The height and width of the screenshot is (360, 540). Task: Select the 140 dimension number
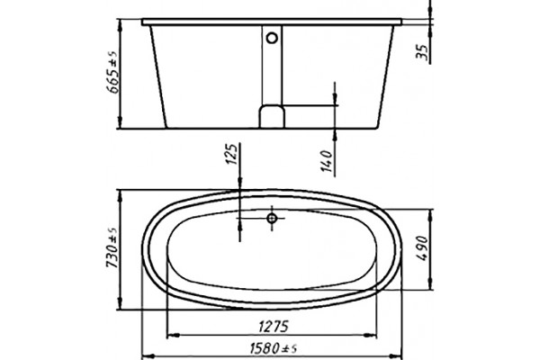[x=327, y=161]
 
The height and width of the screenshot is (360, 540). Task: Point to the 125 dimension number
[x=233, y=154]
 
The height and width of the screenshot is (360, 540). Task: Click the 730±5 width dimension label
[x=112, y=247]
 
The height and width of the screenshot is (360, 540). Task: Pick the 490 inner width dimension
[x=424, y=248]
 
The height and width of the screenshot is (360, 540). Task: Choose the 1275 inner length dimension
[x=273, y=326]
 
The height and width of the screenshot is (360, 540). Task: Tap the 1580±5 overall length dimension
[x=273, y=349]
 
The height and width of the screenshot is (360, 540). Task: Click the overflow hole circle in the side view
[x=272, y=38]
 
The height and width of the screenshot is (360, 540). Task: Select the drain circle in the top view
[x=272, y=218]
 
